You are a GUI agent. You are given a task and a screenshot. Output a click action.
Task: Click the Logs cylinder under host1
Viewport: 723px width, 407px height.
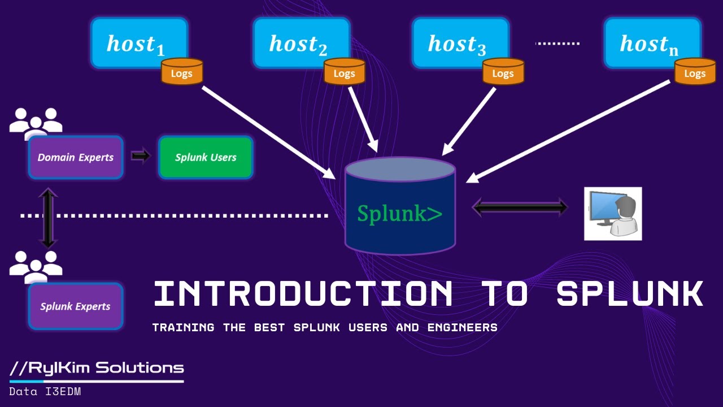coord(182,72)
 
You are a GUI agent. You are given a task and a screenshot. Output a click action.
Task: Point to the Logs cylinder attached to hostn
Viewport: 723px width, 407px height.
coord(695,72)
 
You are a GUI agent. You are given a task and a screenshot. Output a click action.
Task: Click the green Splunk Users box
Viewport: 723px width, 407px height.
coord(206,157)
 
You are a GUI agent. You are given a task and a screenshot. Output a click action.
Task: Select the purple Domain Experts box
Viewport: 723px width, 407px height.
coord(76,157)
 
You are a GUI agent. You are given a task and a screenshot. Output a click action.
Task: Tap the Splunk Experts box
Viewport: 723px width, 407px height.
coord(76,306)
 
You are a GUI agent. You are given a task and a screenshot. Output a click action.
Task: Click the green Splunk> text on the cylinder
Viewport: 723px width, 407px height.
coord(399,213)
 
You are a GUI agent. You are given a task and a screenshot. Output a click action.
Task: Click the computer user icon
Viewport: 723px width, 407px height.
coord(613,214)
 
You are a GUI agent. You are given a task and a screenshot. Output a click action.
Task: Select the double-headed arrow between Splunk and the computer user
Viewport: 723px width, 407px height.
coord(520,207)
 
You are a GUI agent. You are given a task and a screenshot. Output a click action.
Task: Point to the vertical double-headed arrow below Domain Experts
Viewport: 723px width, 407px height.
coord(48,218)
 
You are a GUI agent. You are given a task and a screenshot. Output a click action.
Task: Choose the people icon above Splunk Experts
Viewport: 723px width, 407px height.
coord(36,265)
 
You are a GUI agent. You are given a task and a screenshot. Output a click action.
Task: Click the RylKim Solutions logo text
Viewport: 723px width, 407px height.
coord(97,368)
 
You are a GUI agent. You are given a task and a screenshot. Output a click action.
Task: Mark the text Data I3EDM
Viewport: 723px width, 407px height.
coord(45,391)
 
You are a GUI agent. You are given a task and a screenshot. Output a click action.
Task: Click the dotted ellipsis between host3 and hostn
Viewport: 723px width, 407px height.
coord(558,44)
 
